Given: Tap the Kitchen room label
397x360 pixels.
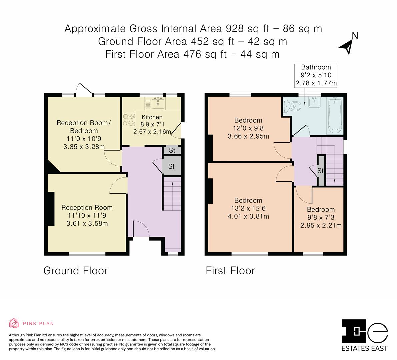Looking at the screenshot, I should coord(152,117).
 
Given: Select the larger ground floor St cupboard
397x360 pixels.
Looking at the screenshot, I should coord(172,166).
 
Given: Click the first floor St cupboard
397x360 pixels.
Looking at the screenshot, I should coord(320,171).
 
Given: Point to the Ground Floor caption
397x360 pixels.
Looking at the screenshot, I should coord(76,271).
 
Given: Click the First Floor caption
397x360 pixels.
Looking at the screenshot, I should coord(230,271).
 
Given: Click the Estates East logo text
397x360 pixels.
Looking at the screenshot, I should coord(365,348).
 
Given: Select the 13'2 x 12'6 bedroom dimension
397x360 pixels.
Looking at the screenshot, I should coord(248,208).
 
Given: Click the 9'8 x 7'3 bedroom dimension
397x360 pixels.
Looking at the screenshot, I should coord(321,217).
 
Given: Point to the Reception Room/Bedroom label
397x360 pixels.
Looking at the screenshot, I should coord(84,127).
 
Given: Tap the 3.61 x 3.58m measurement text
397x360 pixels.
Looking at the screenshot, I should coord(87,223).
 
